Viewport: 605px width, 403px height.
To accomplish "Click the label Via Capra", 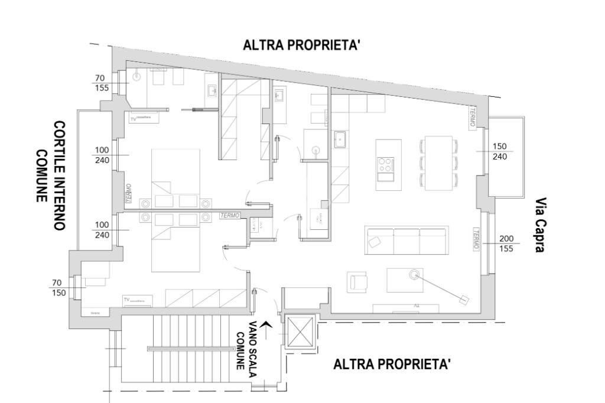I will [x=540, y=225].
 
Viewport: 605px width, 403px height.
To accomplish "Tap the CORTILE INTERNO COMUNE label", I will [x=51, y=175].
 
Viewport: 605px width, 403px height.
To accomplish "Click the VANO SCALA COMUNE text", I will [x=247, y=344].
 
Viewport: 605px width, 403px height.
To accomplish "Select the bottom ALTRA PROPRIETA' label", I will [x=392, y=364].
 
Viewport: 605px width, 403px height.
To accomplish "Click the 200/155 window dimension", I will [x=506, y=243].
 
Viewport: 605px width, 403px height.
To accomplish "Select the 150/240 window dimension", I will [x=500, y=151].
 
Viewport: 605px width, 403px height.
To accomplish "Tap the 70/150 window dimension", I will [x=58, y=288].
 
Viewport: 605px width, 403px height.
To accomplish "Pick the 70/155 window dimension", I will [x=101, y=83].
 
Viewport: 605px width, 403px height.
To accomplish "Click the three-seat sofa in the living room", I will [x=406, y=240].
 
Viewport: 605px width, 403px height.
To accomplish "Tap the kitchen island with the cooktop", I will [x=388, y=164].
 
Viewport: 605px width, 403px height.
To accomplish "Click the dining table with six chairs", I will [x=438, y=164].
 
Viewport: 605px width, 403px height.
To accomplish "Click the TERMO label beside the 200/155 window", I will [x=476, y=239].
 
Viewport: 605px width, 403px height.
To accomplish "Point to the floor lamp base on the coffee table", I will [x=414, y=274].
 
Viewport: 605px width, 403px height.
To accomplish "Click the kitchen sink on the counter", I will [x=340, y=139].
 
